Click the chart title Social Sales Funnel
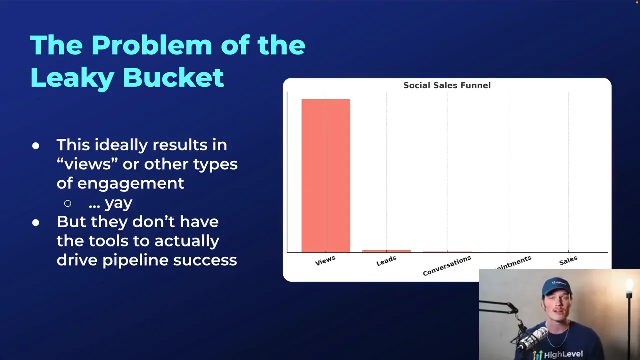pos(447,85)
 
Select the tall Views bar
pos(325,175)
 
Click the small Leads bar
pos(386,251)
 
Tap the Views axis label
pos(325,260)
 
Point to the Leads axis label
pos(386,260)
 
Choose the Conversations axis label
pos(447,266)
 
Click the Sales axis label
pos(568,260)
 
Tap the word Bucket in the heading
pos(173,77)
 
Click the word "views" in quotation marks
pos(84,164)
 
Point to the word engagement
pos(130,183)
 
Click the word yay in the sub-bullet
pos(118,203)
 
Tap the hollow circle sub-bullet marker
pos(68,203)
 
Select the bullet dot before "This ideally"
pos(36,146)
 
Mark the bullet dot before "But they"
pos(36,223)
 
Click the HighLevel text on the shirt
pos(563,354)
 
